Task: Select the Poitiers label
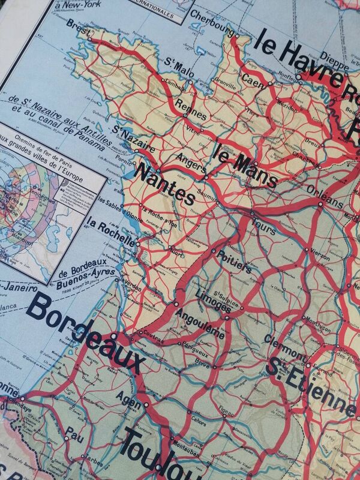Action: pyautogui.click(x=233, y=262)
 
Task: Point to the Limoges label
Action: pyautogui.click(x=211, y=299)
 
